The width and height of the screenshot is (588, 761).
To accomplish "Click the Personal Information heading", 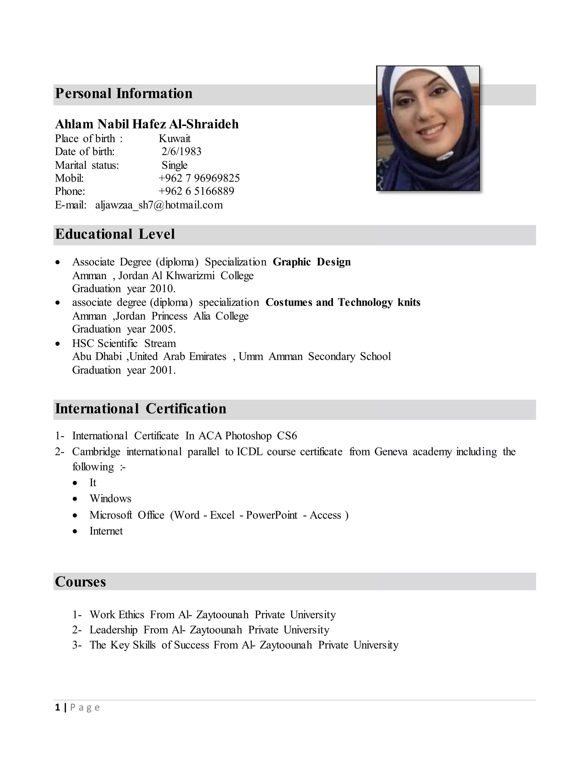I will coord(124,94).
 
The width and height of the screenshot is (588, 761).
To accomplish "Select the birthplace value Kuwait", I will coord(175,139).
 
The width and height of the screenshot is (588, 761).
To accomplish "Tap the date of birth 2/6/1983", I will coord(181,152).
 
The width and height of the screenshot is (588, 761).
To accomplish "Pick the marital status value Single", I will coord(175,165).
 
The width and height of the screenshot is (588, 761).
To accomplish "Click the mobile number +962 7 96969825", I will coord(199,178).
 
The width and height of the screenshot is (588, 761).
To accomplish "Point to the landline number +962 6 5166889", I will coord(196,191).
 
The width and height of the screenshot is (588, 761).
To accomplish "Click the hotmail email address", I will coord(159,205).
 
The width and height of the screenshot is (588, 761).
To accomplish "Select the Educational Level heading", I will coord(115,234).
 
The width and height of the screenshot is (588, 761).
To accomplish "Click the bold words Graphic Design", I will coord(312,262).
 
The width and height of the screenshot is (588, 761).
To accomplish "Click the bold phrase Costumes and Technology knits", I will coord(343,302).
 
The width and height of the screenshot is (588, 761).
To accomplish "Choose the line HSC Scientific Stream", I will coord(124,343).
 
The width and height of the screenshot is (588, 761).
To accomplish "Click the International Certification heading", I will coord(141,409).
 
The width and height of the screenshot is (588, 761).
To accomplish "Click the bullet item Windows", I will coord(111,499).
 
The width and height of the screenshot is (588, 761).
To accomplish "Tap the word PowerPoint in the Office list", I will coord(271,515).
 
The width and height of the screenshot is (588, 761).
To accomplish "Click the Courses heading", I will coord(80,582).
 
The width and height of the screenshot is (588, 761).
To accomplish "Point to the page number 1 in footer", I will coord(57,708).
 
